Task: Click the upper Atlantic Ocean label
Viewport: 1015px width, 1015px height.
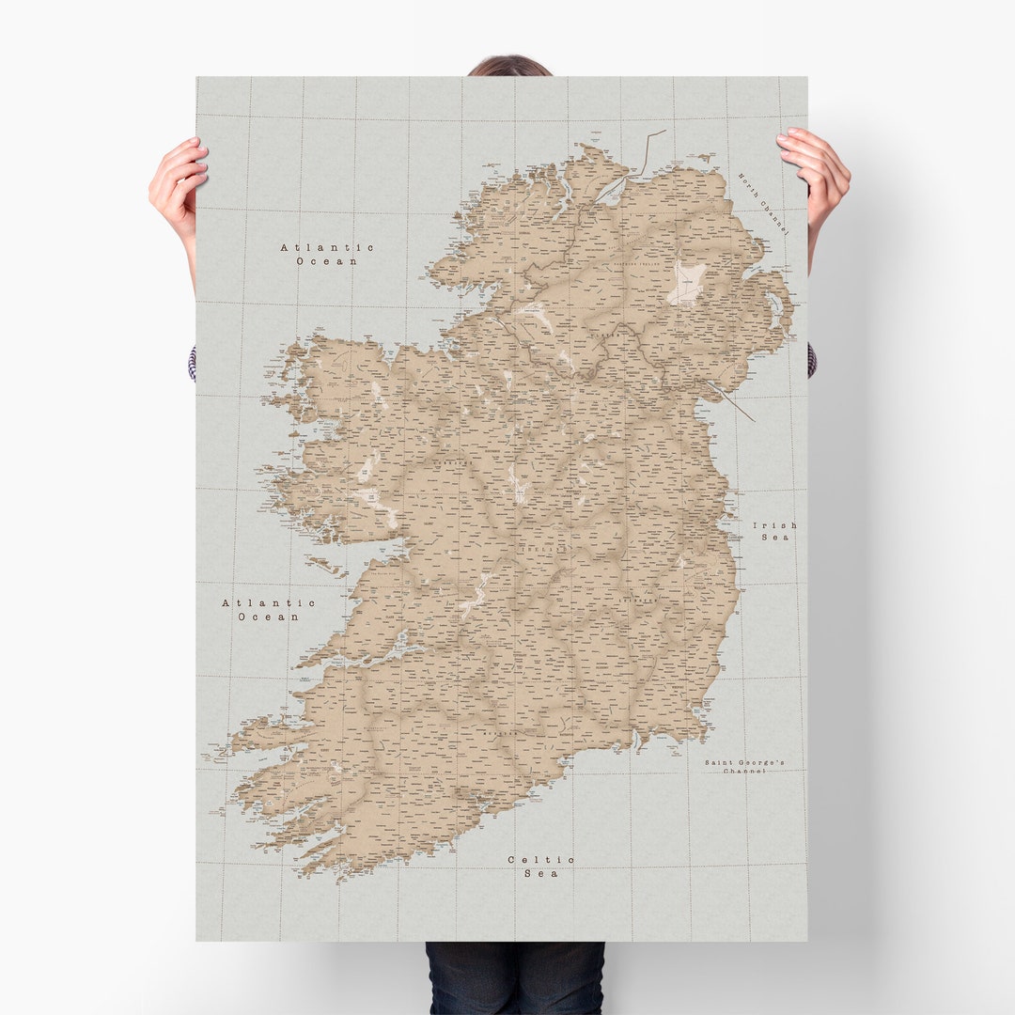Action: point(327,254)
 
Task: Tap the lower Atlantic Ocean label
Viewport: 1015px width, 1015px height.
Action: point(269,610)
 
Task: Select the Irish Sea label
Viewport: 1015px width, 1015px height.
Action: point(774,531)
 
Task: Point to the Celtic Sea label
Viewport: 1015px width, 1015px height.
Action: point(541,866)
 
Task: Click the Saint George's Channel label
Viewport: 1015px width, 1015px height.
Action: point(745,766)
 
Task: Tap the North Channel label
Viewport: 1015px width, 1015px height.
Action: point(762,203)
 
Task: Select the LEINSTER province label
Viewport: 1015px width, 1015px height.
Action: point(638,599)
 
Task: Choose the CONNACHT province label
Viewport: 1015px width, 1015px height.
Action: point(452,463)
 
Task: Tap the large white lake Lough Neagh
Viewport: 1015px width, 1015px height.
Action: point(688,283)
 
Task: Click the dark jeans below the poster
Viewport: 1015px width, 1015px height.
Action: point(514,977)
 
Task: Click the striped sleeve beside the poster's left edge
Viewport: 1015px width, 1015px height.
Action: point(193,363)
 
